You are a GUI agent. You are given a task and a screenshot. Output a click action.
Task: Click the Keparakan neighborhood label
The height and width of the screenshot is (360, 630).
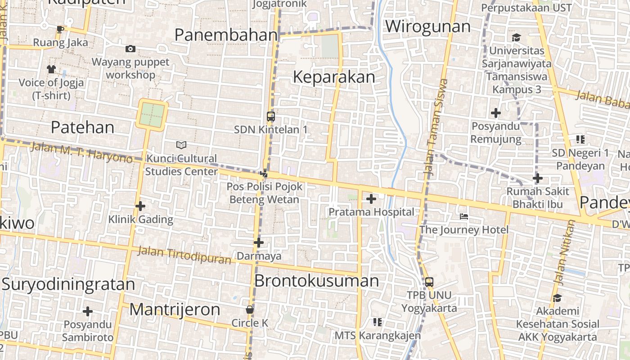point(334,77)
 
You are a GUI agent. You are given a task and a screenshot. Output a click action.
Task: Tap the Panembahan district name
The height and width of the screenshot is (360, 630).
point(226,35)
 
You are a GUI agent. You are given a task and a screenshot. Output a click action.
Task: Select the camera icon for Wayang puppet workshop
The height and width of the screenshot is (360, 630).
point(130,49)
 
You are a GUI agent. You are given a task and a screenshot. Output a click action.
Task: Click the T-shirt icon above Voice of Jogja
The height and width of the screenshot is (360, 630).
point(51,69)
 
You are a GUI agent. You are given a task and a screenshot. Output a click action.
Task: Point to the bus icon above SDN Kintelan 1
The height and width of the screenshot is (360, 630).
point(271,117)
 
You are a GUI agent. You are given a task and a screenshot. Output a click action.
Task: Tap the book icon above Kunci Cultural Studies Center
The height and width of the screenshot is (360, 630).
point(181,145)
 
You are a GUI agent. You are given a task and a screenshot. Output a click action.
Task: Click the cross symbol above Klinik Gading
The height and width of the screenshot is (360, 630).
point(140,206)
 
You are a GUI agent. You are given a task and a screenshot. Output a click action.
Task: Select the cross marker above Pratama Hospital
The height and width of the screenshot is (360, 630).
point(371,198)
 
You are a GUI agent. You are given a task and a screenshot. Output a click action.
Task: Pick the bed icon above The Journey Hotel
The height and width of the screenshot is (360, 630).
point(464,216)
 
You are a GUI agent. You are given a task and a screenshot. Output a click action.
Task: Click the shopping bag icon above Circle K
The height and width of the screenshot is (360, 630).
point(250,310)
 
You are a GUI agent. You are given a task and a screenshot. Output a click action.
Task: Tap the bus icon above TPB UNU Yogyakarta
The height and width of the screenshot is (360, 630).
point(429,282)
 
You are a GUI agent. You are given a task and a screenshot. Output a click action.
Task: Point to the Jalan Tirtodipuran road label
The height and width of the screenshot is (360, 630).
point(184,255)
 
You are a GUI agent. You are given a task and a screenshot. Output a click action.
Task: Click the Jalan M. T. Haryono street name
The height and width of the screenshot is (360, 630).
point(82,152)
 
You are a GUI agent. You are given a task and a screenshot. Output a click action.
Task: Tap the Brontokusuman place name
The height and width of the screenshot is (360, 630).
point(317,281)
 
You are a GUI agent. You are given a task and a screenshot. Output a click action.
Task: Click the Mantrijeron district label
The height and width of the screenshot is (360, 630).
point(175,310)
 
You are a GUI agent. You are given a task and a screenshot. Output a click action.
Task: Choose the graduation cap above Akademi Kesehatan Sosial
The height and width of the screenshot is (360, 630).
point(557,297)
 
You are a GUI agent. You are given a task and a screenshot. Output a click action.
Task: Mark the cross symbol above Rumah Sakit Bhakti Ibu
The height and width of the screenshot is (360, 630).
point(537,178)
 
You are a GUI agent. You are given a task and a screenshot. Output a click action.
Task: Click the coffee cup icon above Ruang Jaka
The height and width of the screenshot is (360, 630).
point(60,30)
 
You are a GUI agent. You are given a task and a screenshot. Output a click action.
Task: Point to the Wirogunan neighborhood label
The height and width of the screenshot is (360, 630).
point(427,27)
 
